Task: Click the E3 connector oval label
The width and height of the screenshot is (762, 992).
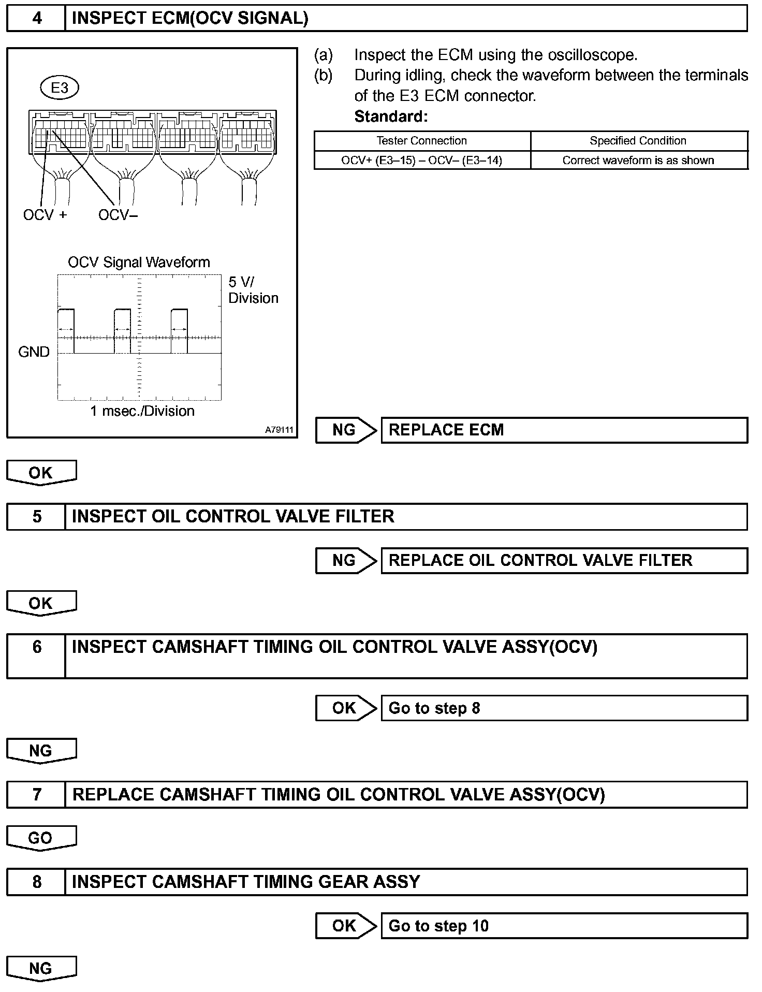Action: (x=59, y=88)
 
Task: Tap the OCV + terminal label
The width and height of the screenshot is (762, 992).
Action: (x=45, y=215)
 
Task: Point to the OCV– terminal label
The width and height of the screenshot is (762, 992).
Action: (x=118, y=215)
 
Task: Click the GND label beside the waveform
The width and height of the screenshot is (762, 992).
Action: (x=34, y=352)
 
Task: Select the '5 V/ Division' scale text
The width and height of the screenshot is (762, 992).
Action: (x=253, y=290)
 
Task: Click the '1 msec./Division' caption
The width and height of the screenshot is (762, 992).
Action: (x=142, y=411)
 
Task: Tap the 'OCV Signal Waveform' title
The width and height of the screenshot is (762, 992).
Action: (x=139, y=262)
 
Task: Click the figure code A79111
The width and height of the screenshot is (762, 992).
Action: (x=279, y=430)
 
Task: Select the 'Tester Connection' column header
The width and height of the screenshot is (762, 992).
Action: (x=421, y=141)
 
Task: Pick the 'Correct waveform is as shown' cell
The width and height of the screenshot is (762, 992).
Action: (x=638, y=161)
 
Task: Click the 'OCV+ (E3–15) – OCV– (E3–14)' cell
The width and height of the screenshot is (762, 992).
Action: (x=421, y=161)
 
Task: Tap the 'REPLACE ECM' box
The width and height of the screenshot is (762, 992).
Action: (x=564, y=430)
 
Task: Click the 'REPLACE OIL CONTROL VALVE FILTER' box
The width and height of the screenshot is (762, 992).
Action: (x=564, y=561)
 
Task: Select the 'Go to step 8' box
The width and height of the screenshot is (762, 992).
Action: (x=564, y=708)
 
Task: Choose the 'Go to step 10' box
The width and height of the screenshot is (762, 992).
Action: (x=564, y=926)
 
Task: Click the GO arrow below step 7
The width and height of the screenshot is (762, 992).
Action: (x=41, y=838)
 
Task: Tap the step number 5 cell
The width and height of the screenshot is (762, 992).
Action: (x=37, y=517)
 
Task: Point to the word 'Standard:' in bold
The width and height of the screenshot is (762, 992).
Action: (x=391, y=116)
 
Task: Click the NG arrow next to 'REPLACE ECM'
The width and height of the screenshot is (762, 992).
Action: (x=345, y=430)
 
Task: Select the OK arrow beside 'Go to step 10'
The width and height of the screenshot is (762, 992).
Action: (x=345, y=926)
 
